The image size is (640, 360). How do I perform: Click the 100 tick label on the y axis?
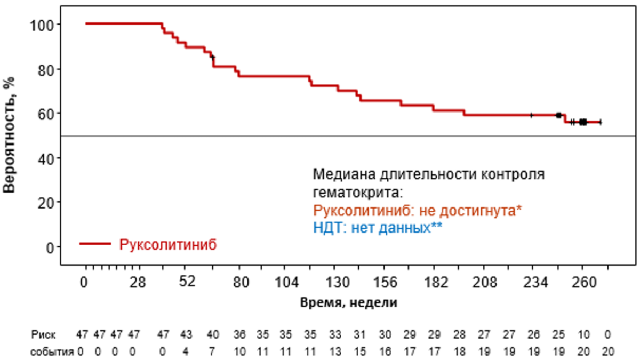coord(42,26)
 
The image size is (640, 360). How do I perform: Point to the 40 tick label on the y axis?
coord(46,159)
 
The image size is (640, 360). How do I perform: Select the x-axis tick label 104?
coord(286,283)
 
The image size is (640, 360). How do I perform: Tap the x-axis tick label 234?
coord(535,283)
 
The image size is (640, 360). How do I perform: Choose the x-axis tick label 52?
coord(187,281)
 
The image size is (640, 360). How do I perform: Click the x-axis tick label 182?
coord(436,283)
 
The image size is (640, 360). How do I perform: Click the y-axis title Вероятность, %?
coord(9,135)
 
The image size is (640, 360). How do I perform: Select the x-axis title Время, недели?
coord(349,302)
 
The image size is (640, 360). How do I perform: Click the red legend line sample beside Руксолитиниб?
coord(95,244)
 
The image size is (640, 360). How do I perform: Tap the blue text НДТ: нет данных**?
coord(378,228)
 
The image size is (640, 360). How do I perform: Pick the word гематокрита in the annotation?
coord(358,193)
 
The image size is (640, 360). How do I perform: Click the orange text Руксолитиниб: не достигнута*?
coord(417,211)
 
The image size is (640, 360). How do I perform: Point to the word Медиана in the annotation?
coord(345,174)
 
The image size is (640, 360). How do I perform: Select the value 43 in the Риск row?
coord(186,334)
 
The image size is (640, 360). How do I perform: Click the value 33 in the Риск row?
coord(335,334)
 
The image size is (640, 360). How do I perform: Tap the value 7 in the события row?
coord(212,351)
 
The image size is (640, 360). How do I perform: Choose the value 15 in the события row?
coord(359,351)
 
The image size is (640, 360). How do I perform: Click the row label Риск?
coord(43,334)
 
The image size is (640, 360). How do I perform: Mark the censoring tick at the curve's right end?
coord(601,122)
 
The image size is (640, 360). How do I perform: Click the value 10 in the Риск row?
coord(583,334)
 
